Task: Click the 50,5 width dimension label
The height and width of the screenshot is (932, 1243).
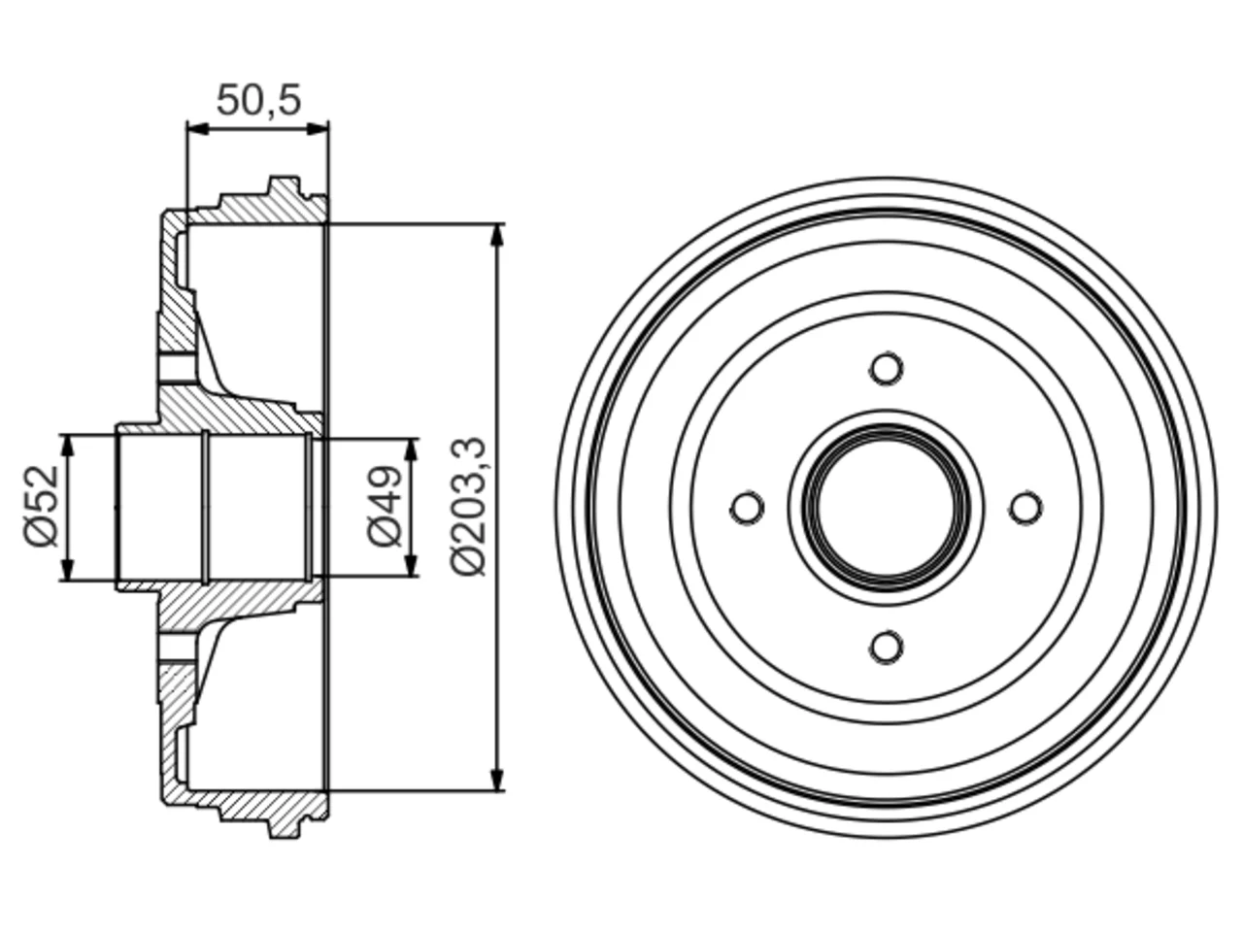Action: [x=258, y=100]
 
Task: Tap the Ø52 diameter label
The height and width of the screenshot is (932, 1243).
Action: [x=42, y=507]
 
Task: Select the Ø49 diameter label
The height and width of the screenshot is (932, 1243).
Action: [x=385, y=506]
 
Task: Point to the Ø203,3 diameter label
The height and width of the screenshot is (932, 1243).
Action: [x=468, y=507]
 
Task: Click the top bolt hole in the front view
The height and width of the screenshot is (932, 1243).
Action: [x=887, y=368]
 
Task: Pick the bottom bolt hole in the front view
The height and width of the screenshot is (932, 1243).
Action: [x=887, y=647]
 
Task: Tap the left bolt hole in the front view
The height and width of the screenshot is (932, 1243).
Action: [x=747, y=508]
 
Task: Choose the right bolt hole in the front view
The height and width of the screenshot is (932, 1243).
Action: [x=1025, y=508]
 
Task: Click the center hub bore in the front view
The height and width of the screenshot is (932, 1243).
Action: [x=887, y=508]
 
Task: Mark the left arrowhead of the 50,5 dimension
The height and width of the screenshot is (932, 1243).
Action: [x=198, y=129]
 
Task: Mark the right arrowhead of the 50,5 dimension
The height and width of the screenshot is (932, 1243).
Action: [x=318, y=129]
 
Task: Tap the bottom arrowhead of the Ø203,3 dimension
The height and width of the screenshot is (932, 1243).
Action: [x=497, y=780]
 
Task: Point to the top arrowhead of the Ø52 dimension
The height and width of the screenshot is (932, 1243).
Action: [x=68, y=446]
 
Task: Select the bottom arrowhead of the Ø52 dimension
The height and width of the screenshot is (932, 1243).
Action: [x=68, y=569]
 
